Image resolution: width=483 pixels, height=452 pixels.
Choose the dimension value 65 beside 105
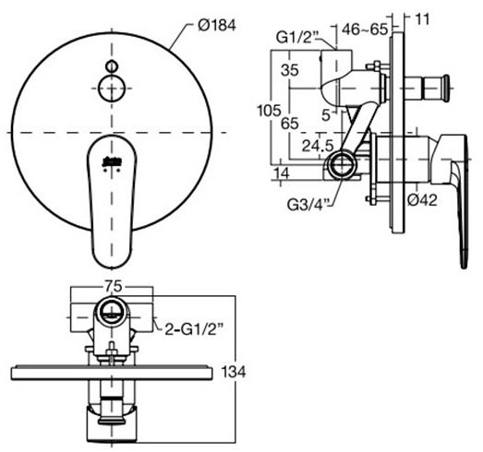[290, 121]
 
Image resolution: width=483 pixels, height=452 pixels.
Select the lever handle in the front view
[109, 198]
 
